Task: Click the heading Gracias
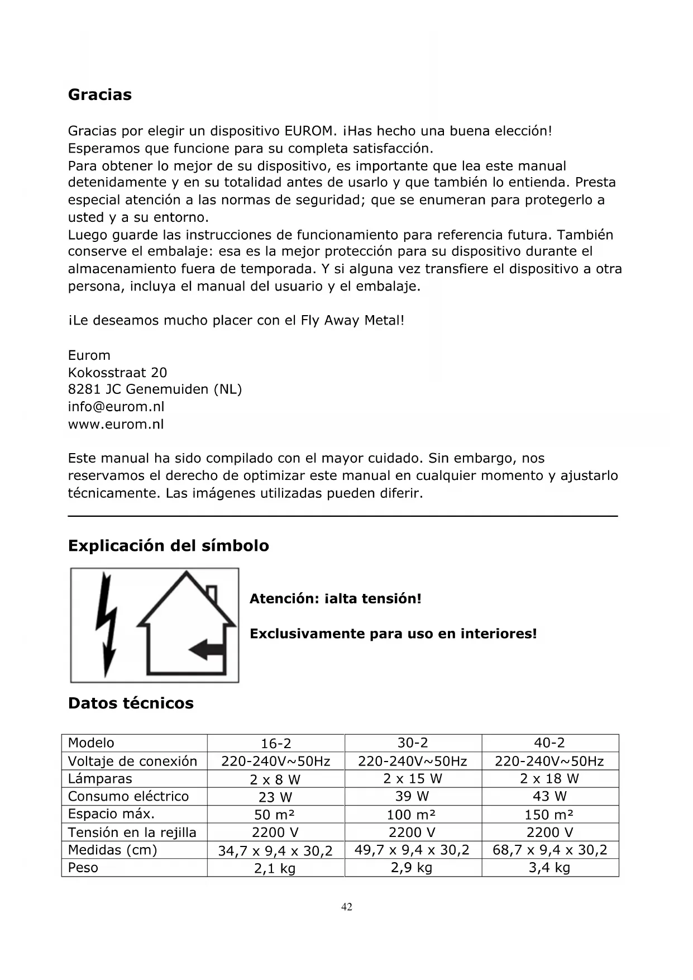[100, 94]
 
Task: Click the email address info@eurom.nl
[116, 407]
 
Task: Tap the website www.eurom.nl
[116, 424]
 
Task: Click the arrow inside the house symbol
[206, 649]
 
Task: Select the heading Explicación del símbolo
[168, 545]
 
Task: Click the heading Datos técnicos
[131, 703]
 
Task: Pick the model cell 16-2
[276, 744]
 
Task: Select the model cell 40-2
[549, 743]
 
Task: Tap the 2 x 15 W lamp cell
[413, 779]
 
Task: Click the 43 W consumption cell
[549, 796]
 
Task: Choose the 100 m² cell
[413, 815]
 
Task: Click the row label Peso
[83, 868]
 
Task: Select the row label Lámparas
[100, 779]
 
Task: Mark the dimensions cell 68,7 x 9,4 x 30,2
[549, 850]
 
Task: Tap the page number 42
[347, 907]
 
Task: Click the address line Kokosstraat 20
[117, 373]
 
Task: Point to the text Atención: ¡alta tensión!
[335, 599]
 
